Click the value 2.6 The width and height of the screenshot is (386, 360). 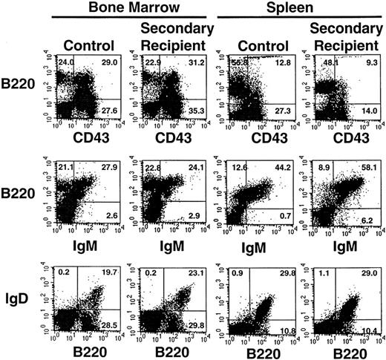point(110,221)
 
